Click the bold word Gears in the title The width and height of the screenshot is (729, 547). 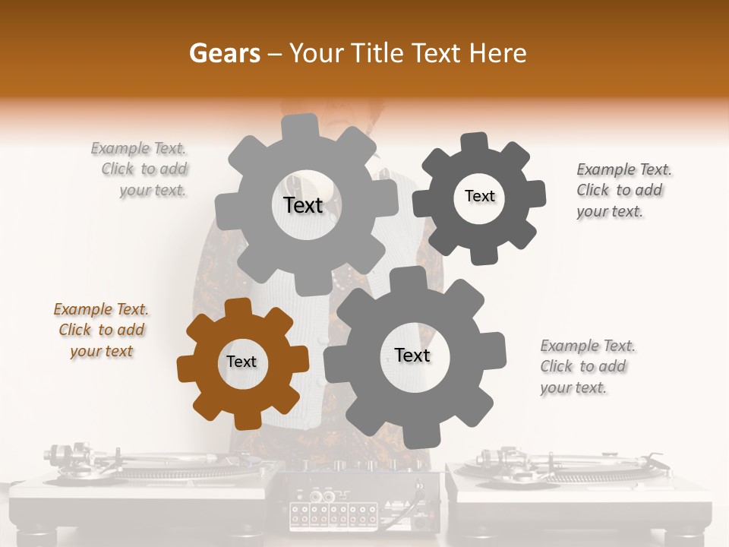click(224, 53)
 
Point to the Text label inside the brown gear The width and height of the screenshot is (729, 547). click(241, 362)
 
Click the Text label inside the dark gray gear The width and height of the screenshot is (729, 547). click(479, 196)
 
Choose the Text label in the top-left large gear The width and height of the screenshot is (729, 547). click(303, 205)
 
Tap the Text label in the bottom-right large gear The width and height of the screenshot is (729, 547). click(412, 355)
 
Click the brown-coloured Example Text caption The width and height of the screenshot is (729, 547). click(101, 330)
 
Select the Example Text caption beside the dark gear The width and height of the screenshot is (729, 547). click(623, 190)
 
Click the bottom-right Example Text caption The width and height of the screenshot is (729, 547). click(587, 366)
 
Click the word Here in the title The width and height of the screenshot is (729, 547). click(500, 53)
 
